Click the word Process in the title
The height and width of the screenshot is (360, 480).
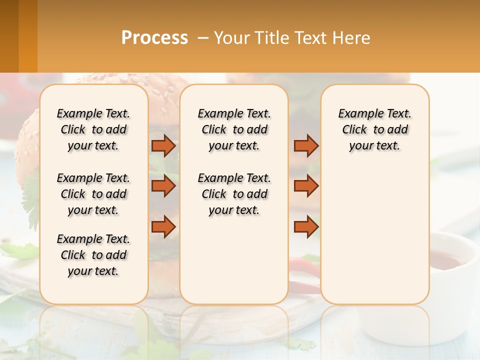[x=154, y=37]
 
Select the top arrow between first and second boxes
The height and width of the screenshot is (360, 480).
[x=163, y=145]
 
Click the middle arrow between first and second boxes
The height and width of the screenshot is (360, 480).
[x=163, y=186]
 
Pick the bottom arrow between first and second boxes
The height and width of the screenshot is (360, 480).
[x=163, y=226]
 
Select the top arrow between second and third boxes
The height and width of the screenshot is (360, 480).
[x=306, y=145]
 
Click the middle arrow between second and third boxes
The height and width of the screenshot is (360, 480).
[x=306, y=186]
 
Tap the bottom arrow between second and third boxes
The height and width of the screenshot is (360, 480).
[x=306, y=226]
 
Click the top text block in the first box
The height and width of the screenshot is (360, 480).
[x=93, y=129]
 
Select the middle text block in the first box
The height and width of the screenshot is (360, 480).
[x=93, y=194]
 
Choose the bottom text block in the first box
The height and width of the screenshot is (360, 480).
[x=93, y=255]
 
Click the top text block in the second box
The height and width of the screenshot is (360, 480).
[x=234, y=129]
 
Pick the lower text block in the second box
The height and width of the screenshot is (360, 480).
[x=234, y=194]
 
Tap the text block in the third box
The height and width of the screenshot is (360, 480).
[x=374, y=129]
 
